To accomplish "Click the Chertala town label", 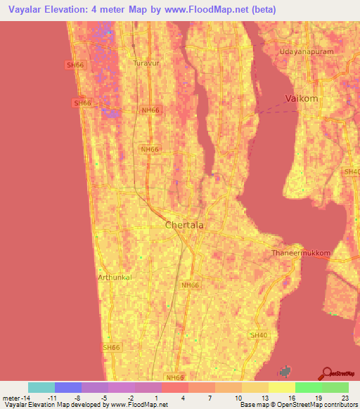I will coord(184,226).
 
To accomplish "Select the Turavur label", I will coord(146,63).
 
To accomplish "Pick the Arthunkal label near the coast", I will coord(115,277).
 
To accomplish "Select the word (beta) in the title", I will coord(261,10).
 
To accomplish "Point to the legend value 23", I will coord(345,397).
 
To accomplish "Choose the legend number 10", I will coord(238,397).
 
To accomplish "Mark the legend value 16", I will coord(292,397).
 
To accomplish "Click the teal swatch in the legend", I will coord(41,387).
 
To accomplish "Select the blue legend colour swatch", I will coord(68,387).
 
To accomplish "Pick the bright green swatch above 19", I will coord(308,387).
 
